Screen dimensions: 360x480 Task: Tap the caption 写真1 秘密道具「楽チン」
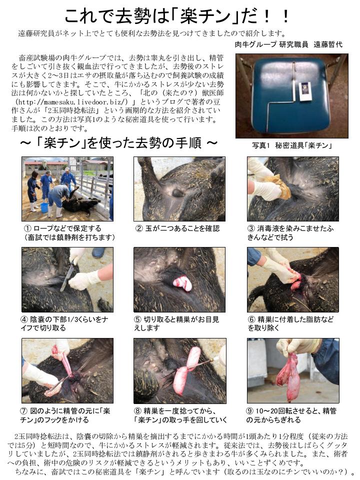coord(292,145)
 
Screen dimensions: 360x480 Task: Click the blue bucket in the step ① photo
coord(44,207)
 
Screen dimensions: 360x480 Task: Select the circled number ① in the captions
coord(27,228)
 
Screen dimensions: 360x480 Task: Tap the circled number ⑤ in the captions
coord(138,319)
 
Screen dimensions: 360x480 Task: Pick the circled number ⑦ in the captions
coord(24,411)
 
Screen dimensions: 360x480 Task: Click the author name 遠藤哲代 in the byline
coord(328,44)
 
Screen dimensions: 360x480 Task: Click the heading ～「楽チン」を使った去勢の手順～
coord(119,142)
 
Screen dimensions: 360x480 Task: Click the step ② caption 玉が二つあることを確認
coord(182,228)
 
